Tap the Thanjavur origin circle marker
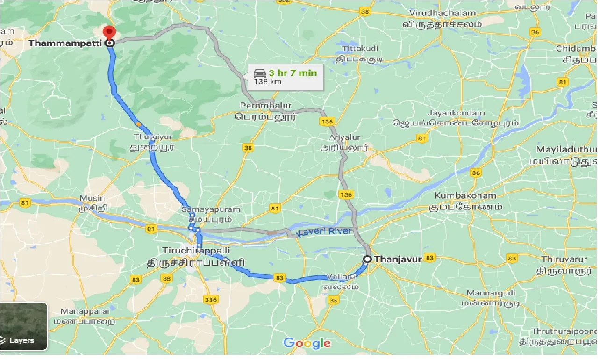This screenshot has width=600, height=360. [x=367, y=259]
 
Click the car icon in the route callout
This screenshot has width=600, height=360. [x=259, y=73]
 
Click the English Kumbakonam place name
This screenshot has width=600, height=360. [x=465, y=195]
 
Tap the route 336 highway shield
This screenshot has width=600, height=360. [x=210, y=299]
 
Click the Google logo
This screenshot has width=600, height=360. [x=307, y=344]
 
